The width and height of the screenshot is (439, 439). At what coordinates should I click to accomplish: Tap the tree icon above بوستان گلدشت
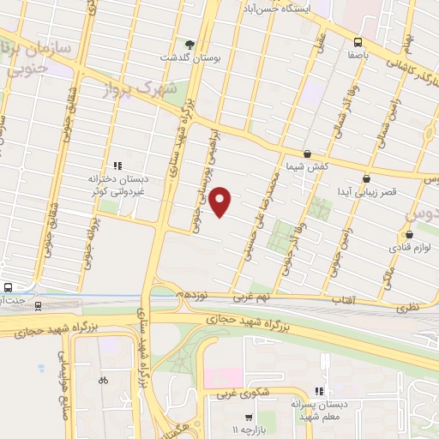point(189,44)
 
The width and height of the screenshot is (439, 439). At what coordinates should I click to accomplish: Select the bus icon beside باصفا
point(358,41)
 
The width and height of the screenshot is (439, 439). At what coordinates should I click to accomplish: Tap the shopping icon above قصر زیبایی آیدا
point(367,178)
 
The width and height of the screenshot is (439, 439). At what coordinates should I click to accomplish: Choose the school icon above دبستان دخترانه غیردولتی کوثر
point(117,165)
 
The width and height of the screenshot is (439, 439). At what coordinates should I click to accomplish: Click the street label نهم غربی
point(254,297)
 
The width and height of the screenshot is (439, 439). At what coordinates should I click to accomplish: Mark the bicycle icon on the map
point(103,380)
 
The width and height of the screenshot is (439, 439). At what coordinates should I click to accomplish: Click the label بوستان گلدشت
point(189,57)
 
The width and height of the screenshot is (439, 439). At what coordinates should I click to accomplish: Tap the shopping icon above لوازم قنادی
point(408,234)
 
